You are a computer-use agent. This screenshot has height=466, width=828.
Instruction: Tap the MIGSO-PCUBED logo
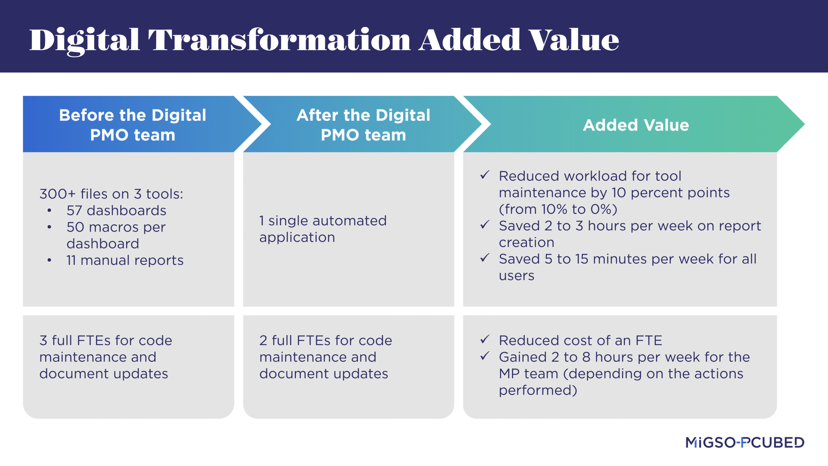745,442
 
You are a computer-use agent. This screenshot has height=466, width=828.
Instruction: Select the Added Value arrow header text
636,125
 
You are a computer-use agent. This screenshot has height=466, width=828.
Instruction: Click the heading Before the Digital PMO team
133,125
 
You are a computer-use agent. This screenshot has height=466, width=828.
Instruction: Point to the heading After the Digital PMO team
364,125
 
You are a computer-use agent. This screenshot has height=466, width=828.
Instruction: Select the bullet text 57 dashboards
116,210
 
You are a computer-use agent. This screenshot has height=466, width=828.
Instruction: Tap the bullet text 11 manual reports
125,260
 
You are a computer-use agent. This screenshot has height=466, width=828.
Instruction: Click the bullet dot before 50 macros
49,227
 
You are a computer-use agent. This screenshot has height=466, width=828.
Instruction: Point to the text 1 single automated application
323,229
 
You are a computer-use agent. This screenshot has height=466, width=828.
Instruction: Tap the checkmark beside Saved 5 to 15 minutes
485,258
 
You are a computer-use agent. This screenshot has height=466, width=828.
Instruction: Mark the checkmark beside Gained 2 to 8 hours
485,356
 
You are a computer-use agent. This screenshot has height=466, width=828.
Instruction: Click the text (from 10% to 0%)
558,210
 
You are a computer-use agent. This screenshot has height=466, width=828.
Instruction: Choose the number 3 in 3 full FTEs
43,341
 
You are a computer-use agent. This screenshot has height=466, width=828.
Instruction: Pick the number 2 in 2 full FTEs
263,341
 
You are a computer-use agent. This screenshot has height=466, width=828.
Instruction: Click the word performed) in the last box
538,391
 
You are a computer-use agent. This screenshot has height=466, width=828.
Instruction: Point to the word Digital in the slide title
85,41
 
